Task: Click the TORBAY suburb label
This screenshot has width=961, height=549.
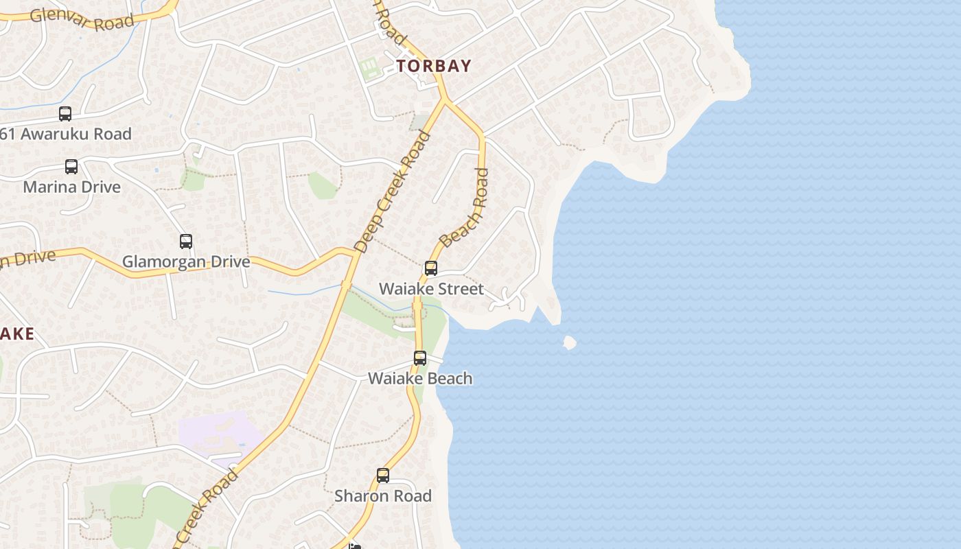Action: (x=434, y=66)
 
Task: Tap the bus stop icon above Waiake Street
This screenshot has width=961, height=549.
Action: (x=431, y=268)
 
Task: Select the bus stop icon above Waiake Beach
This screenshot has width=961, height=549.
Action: (x=420, y=358)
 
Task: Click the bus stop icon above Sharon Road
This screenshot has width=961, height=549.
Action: (x=383, y=476)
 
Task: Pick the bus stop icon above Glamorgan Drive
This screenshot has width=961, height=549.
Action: (x=186, y=242)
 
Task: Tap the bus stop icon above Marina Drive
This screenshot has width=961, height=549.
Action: (x=71, y=167)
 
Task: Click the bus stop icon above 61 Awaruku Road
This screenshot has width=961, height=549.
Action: (x=65, y=114)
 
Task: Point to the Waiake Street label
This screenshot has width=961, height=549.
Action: (x=431, y=289)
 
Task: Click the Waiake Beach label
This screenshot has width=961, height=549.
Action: (x=420, y=378)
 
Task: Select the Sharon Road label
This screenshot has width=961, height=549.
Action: (x=383, y=495)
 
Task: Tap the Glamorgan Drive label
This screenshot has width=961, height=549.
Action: (x=186, y=261)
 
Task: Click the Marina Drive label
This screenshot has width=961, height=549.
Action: (x=71, y=187)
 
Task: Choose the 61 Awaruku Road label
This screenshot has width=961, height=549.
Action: (x=66, y=134)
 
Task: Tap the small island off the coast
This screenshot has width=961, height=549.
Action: (x=569, y=342)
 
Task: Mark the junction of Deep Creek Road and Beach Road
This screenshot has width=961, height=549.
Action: (x=445, y=102)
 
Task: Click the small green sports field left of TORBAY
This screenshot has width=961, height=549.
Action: (x=369, y=68)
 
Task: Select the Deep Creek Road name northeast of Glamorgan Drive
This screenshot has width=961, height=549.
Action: (x=393, y=191)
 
